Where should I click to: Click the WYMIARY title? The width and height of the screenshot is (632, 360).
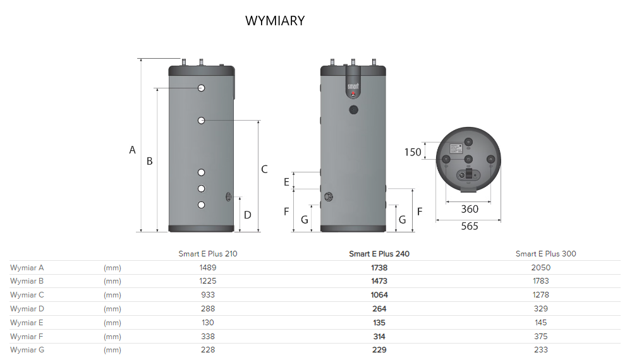(274, 21)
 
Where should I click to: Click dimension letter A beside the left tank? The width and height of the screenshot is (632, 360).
(133, 150)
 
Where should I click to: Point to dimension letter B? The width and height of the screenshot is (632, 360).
(150, 161)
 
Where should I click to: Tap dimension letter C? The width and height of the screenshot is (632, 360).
(264, 169)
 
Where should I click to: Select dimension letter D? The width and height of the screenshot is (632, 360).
(248, 215)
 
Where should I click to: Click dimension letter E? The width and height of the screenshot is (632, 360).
(286, 182)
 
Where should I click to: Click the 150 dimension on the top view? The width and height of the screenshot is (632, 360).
(413, 152)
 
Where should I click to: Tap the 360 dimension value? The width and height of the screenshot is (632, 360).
(470, 209)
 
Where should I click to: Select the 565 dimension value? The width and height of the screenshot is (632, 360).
(470, 226)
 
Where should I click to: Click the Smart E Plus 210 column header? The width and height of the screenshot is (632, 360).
(208, 254)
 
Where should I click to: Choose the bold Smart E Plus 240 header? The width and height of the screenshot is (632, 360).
(379, 254)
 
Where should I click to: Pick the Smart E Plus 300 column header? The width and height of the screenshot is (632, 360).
(545, 254)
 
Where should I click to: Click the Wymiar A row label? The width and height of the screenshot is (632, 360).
(27, 267)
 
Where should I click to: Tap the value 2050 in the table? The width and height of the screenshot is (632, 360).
(541, 267)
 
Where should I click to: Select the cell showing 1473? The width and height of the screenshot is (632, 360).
(379, 281)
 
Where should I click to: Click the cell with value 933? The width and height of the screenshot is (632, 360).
(207, 295)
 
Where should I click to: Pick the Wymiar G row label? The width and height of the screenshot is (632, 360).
(27, 350)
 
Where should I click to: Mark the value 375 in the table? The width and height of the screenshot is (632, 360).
(540, 337)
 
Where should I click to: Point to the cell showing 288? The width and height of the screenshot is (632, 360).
(207, 309)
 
